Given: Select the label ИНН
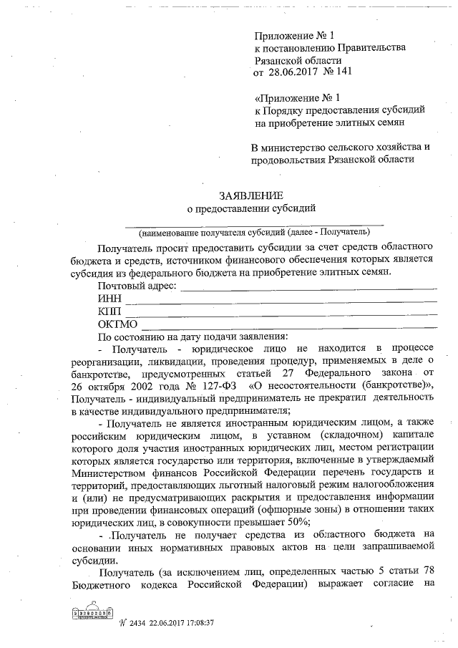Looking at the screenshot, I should (109, 299).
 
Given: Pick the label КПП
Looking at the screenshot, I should (109, 311).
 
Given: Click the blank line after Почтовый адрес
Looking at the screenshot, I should (308, 289).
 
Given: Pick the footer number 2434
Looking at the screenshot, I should (137, 624).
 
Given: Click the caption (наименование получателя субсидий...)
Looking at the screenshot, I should (255, 232).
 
